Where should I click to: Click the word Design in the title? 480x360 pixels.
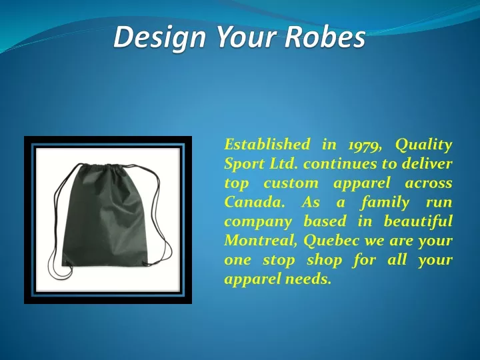click(x=159, y=37)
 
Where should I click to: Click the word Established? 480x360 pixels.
click(x=267, y=144)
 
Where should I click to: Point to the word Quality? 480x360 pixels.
click(x=423, y=145)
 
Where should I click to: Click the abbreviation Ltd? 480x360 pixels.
click(x=283, y=163)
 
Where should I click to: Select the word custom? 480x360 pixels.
click(x=291, y=183)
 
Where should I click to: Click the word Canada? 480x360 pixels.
click(x=255, y=202)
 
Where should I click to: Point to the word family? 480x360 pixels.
click(x=385, y=203)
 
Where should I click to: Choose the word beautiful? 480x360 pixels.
click(x=418, y=221)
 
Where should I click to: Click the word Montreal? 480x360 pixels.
click(x=261, y=241)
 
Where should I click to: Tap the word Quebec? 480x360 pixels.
click(x=331, y=241)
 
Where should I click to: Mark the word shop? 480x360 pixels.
click(x=324, y=261)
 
